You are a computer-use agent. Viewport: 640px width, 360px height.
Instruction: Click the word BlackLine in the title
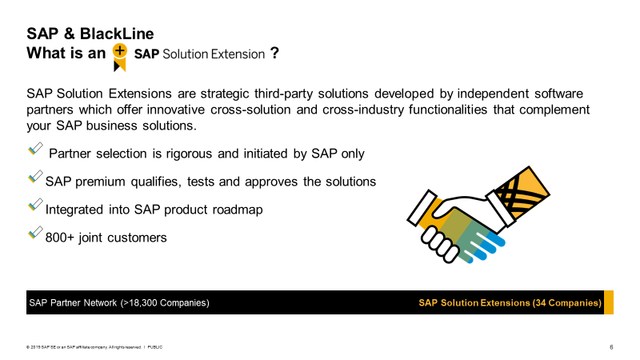(x=117, y=34)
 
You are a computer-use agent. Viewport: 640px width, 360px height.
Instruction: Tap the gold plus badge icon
(x=119, y=57)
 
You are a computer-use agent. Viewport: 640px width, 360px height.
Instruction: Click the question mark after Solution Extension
(x=274, y=53)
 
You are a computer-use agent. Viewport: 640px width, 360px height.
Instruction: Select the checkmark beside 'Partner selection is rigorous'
(x=35, y=149)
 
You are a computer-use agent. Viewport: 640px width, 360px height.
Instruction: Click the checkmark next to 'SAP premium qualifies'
(x=35, y=177)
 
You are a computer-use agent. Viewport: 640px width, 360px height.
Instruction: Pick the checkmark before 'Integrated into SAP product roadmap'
(x=35, y=205)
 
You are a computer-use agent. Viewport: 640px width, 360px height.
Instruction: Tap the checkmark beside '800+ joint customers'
(x=35, y=233)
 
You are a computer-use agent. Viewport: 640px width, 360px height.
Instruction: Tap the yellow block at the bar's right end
(x=609, y=302)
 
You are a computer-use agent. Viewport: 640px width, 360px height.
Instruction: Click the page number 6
(x=611, y=347)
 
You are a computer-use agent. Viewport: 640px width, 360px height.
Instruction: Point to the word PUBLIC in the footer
(x=154, y=347)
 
